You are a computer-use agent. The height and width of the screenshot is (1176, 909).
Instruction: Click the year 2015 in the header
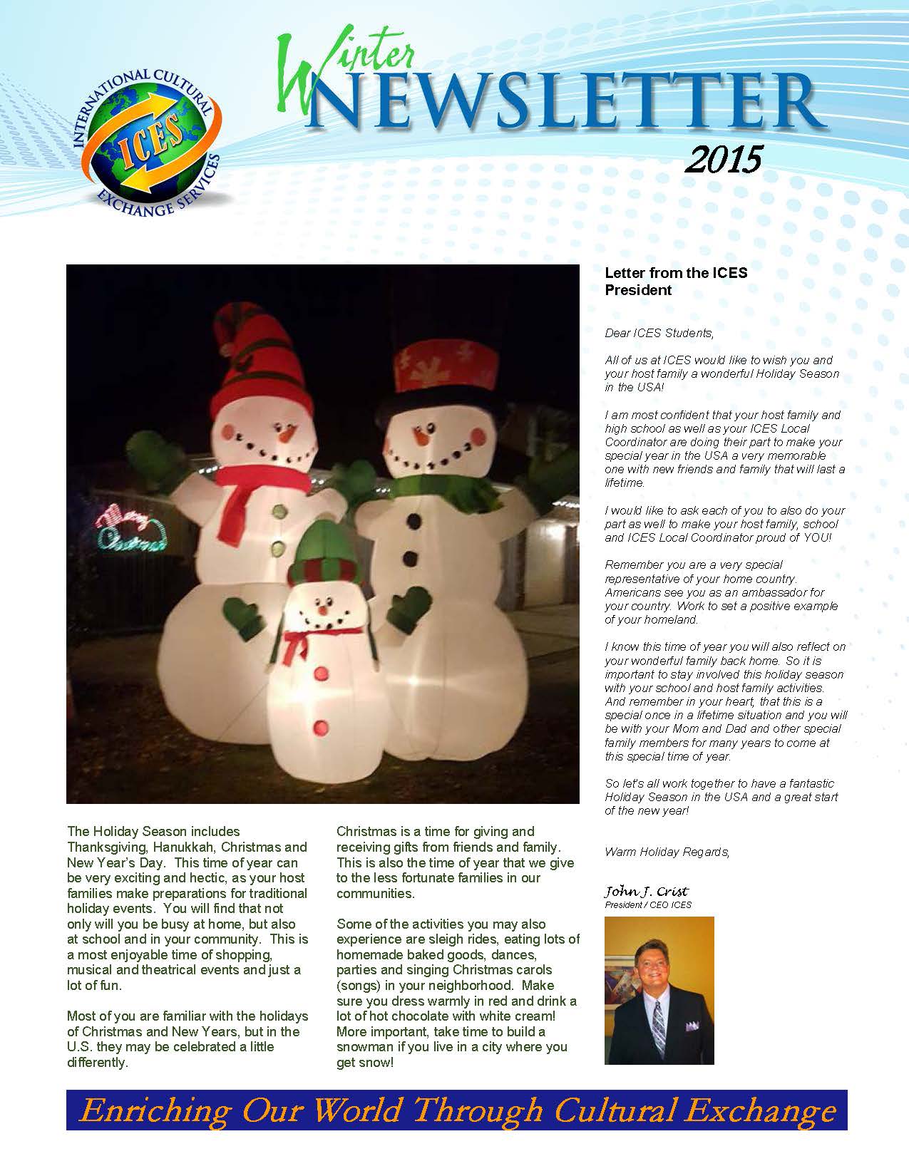[x=722, y=160]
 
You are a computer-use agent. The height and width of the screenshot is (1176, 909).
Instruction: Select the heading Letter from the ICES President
[x=675, y=281]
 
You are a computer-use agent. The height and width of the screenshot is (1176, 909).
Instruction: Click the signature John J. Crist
[x=646, y=892]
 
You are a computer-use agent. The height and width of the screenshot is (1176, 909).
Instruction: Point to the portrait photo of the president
[x=659, y=990]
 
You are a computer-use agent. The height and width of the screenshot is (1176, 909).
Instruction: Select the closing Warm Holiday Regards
[x=667, y=852]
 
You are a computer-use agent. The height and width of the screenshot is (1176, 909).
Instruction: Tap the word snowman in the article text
[x=366, y=1047]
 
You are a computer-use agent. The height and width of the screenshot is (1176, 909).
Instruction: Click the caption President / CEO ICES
[x=647, y=905]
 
